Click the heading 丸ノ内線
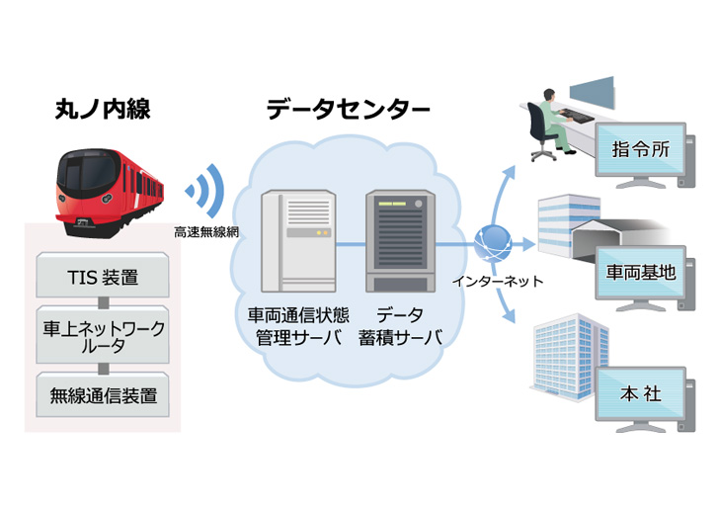click(102, 109)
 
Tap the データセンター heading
click(349, 109)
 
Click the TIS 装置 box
click(102, 277)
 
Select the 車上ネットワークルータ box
click(102, 336)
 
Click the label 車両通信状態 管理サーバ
click(294, 327)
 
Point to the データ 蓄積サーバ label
click(400, 327)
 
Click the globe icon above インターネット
click(491, 243)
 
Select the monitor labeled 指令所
click(641, 154)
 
